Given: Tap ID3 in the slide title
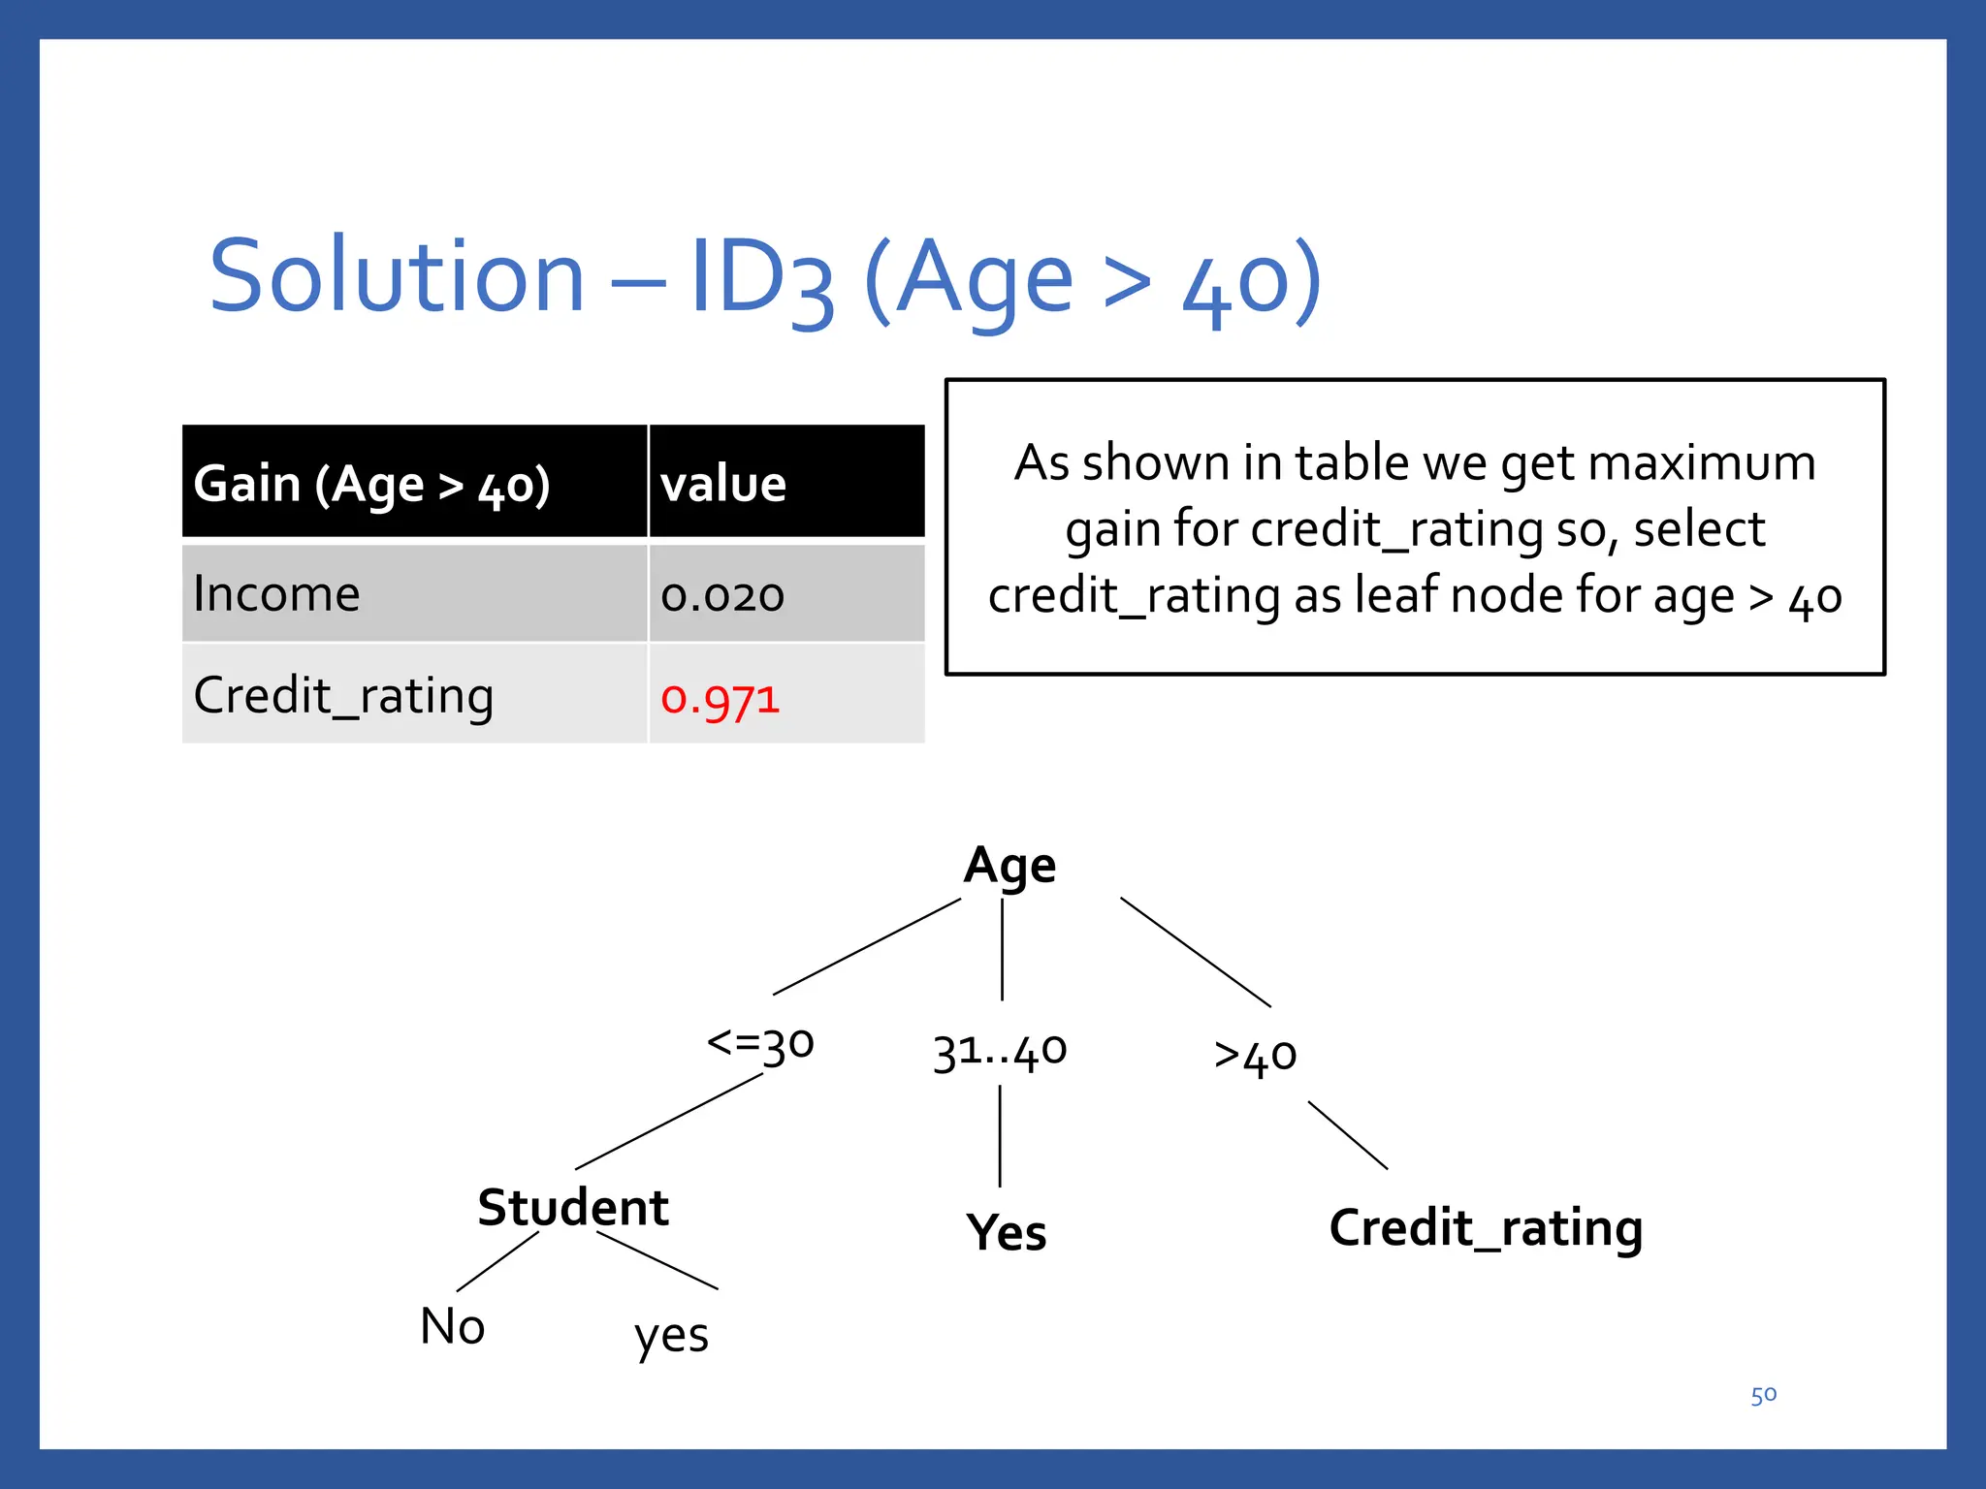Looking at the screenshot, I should point(761,279).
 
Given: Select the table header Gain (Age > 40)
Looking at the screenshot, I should point(372,484).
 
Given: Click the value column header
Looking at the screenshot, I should point(723,484).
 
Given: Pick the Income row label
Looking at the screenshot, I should point(277,593).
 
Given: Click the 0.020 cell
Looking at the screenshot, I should point(722,595).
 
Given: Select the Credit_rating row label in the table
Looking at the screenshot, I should point(343,696).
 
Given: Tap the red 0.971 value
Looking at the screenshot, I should point(720,699).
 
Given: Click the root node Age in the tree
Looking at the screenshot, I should point(1009,865).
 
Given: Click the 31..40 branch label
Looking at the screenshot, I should point(1000,1051).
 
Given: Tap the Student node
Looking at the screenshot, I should point(573,1208).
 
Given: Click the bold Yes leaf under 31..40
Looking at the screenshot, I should point(1007,1233).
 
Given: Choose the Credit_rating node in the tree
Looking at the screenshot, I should point(1486,1229).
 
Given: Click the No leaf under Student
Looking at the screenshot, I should point(452,1326).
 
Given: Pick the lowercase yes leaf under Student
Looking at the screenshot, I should point(671,1336).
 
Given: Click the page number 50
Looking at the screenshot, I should point(1763,1395).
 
